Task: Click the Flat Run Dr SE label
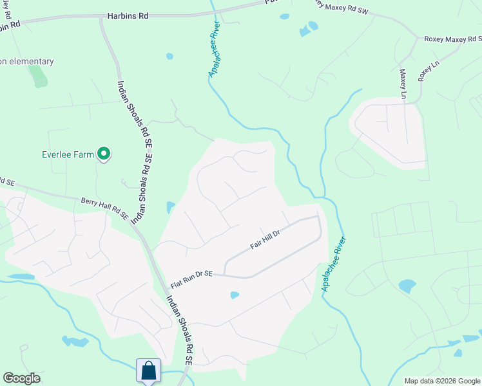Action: [191, 279]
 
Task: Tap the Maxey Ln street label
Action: [403, 84]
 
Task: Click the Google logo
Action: [21, 378]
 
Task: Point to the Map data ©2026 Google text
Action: [442, 381]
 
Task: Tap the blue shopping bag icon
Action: [149, 370]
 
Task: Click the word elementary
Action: [30, 62]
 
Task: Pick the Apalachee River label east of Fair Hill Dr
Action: [334, 264]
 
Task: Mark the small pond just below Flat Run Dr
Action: [235, 295]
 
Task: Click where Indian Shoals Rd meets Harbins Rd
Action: [102, 18]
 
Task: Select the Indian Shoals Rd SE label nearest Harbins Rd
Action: [133, 122]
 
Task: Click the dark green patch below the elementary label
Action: [38, 77]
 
